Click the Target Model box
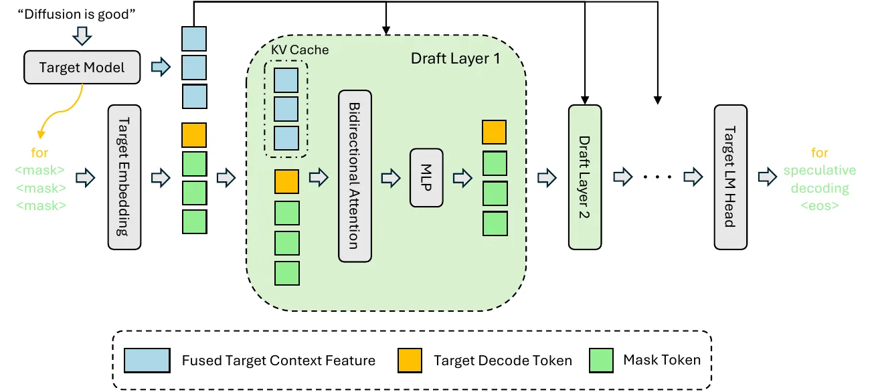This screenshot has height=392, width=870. point(82,67)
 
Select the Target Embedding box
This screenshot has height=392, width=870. point(124,177)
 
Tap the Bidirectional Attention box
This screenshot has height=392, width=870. point(355,176)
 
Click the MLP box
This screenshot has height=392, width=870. point(426,177)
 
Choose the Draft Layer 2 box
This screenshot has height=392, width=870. point(585,177)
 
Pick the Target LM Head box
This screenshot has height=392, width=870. point(731,177)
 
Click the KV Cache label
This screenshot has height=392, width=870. point(300,50)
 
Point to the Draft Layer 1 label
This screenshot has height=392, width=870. point(455,59)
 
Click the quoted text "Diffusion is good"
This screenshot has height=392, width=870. point(76,14)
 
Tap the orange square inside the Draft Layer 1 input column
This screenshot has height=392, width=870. point(286,181)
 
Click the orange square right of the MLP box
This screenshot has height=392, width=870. point(494,132)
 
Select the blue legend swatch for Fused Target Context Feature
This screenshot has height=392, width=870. point(147,361)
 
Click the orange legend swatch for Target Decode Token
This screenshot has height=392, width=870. point(410,361)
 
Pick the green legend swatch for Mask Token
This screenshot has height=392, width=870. point(601,361)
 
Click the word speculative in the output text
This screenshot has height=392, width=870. point(820,171)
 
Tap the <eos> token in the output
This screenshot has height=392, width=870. point(820,206)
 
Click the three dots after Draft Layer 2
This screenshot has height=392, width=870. point(657,177)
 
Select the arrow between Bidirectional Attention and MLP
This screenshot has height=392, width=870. point(391,178)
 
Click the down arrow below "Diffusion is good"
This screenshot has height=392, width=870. point(82,36)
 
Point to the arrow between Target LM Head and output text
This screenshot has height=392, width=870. point(768,177)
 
